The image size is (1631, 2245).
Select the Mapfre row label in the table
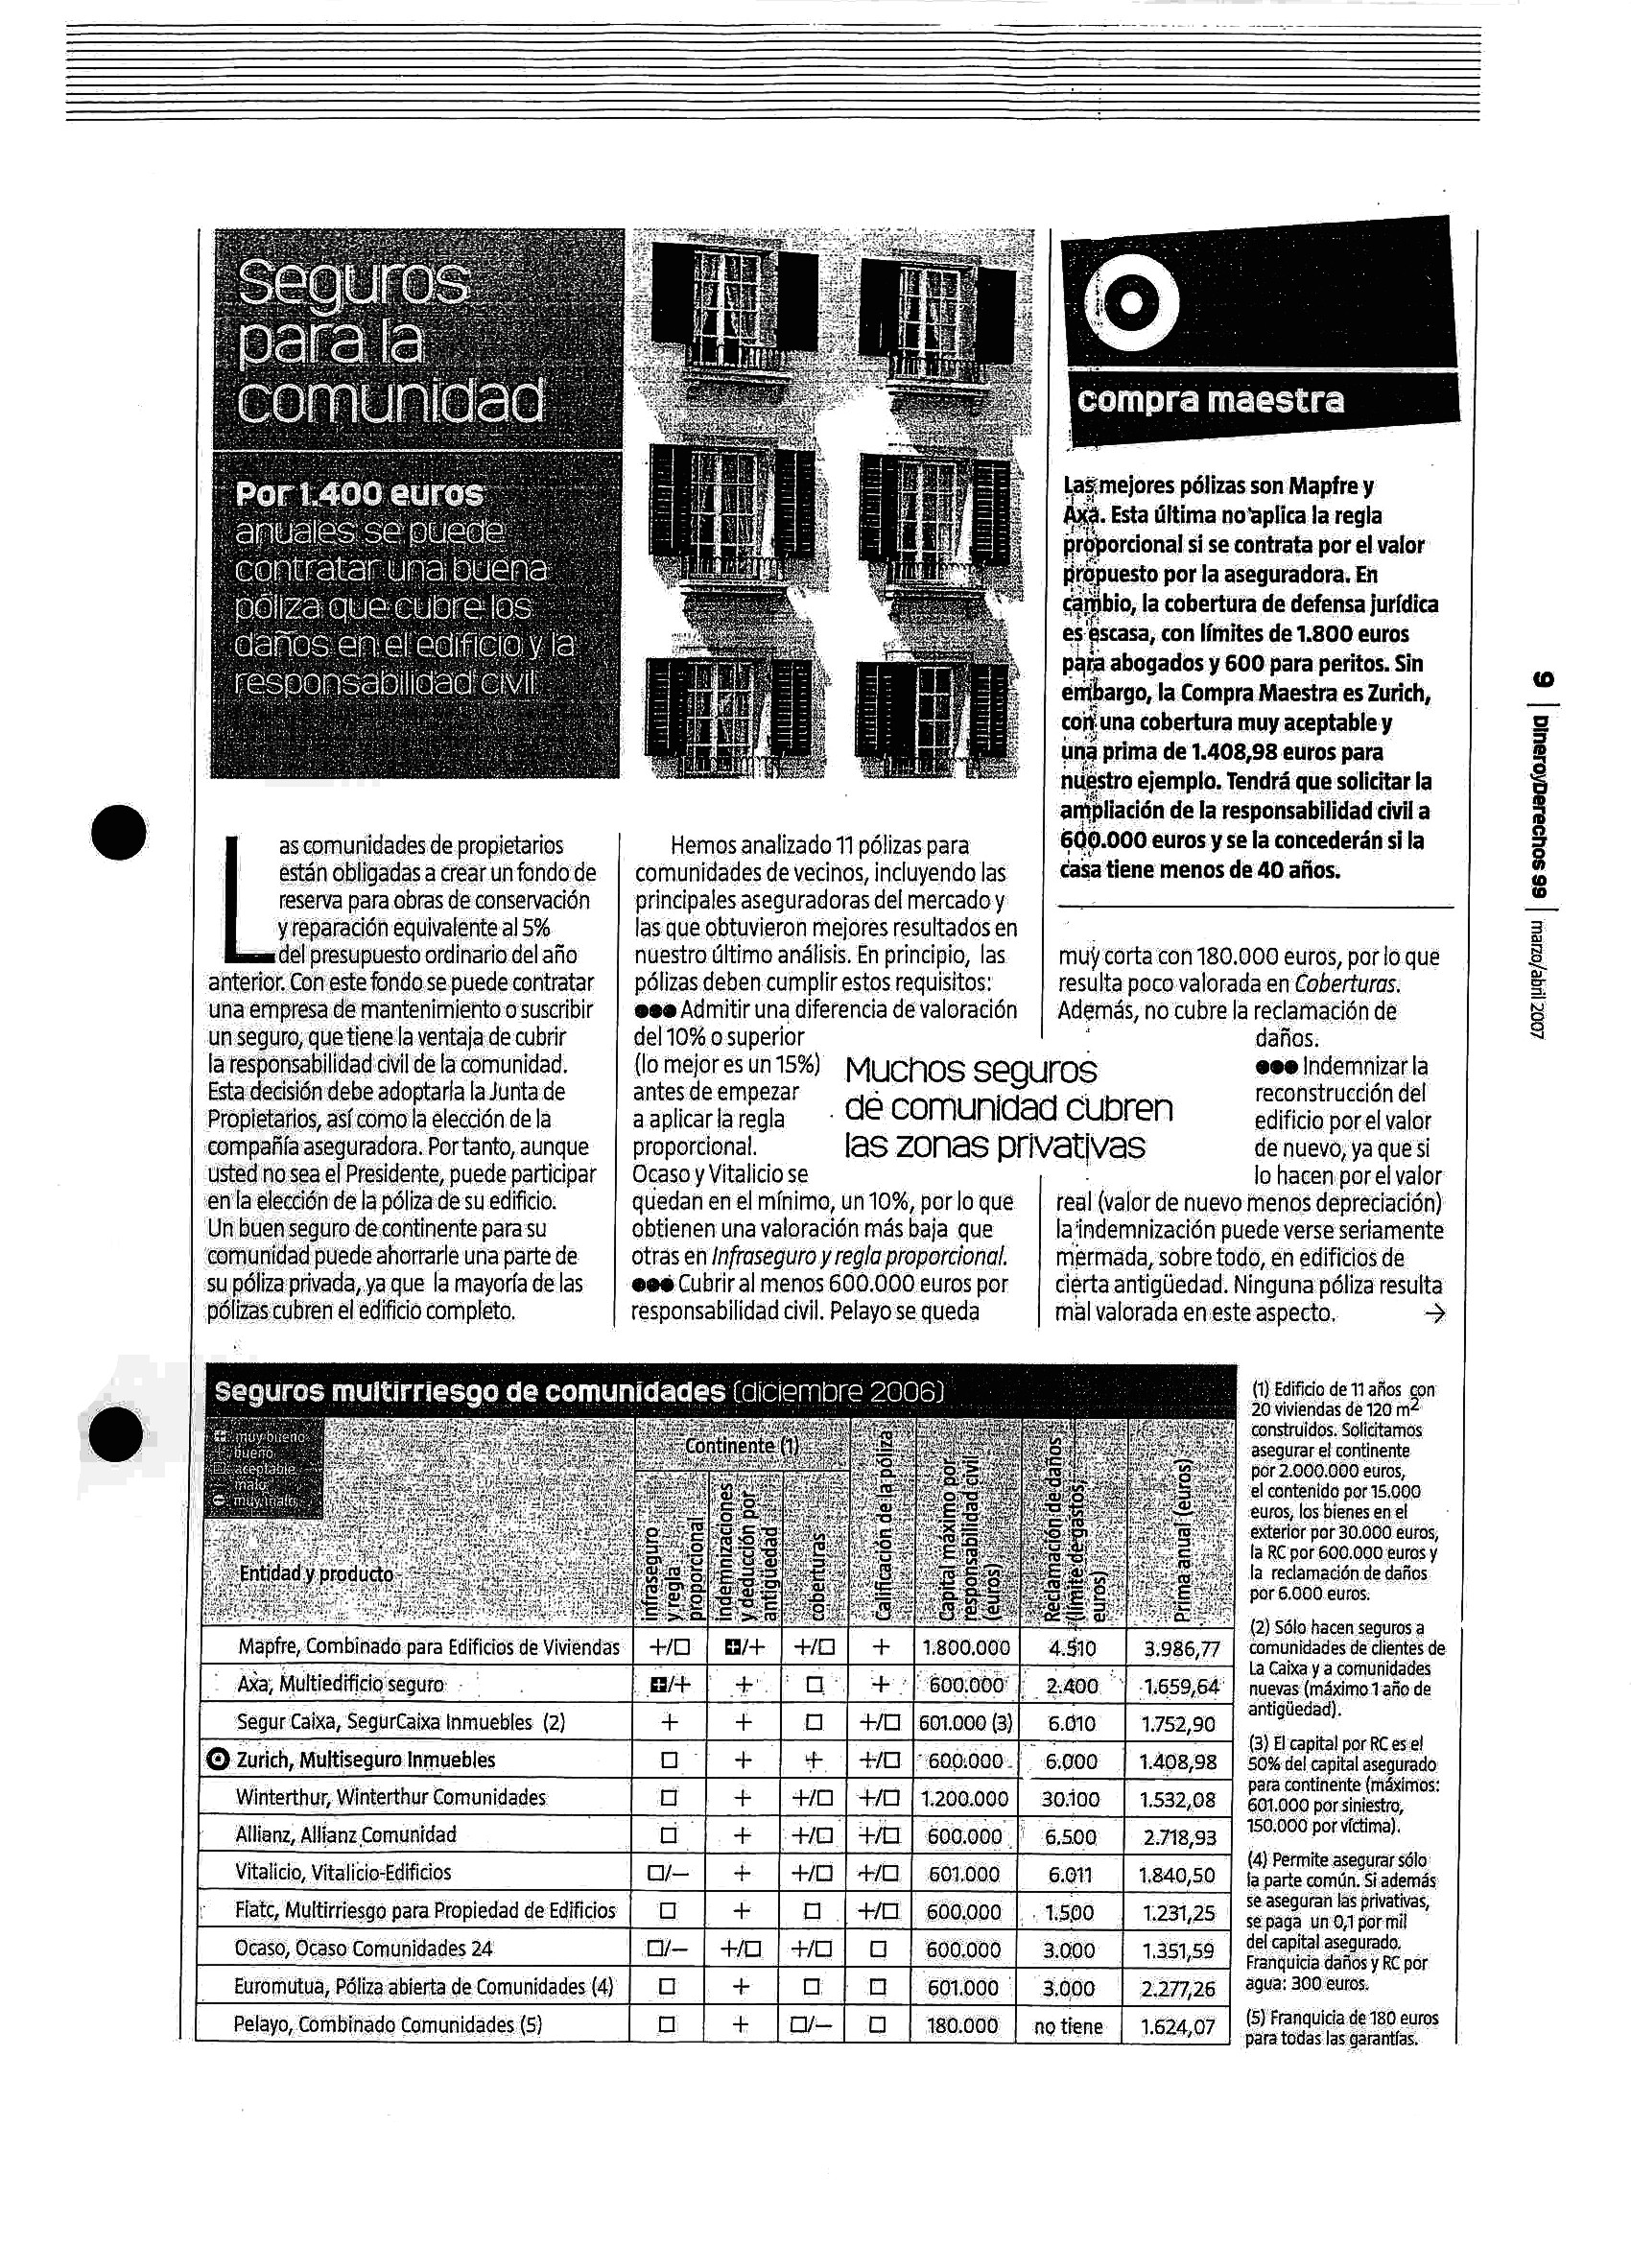[429, 1647]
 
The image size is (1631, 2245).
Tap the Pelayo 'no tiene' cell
[1068, 2026]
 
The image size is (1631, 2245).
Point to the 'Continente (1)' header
[742, 1446]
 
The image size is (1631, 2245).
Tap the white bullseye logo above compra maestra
[1129, 306]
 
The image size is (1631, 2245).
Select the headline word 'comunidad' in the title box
[390, 399]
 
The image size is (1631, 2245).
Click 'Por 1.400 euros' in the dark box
[360, 493]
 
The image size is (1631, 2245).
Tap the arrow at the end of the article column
[1434, 1314]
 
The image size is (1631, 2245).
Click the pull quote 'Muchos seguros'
[971, 1070]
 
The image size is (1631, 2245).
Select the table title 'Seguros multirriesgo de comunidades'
[469, 1391]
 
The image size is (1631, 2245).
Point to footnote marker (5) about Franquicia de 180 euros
[1255, 2018]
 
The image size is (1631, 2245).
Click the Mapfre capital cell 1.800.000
[966, 1648]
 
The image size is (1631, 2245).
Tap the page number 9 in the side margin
[1543, 679]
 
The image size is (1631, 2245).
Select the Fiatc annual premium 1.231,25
[1177, 1912]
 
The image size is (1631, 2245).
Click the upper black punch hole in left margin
[119, 832]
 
